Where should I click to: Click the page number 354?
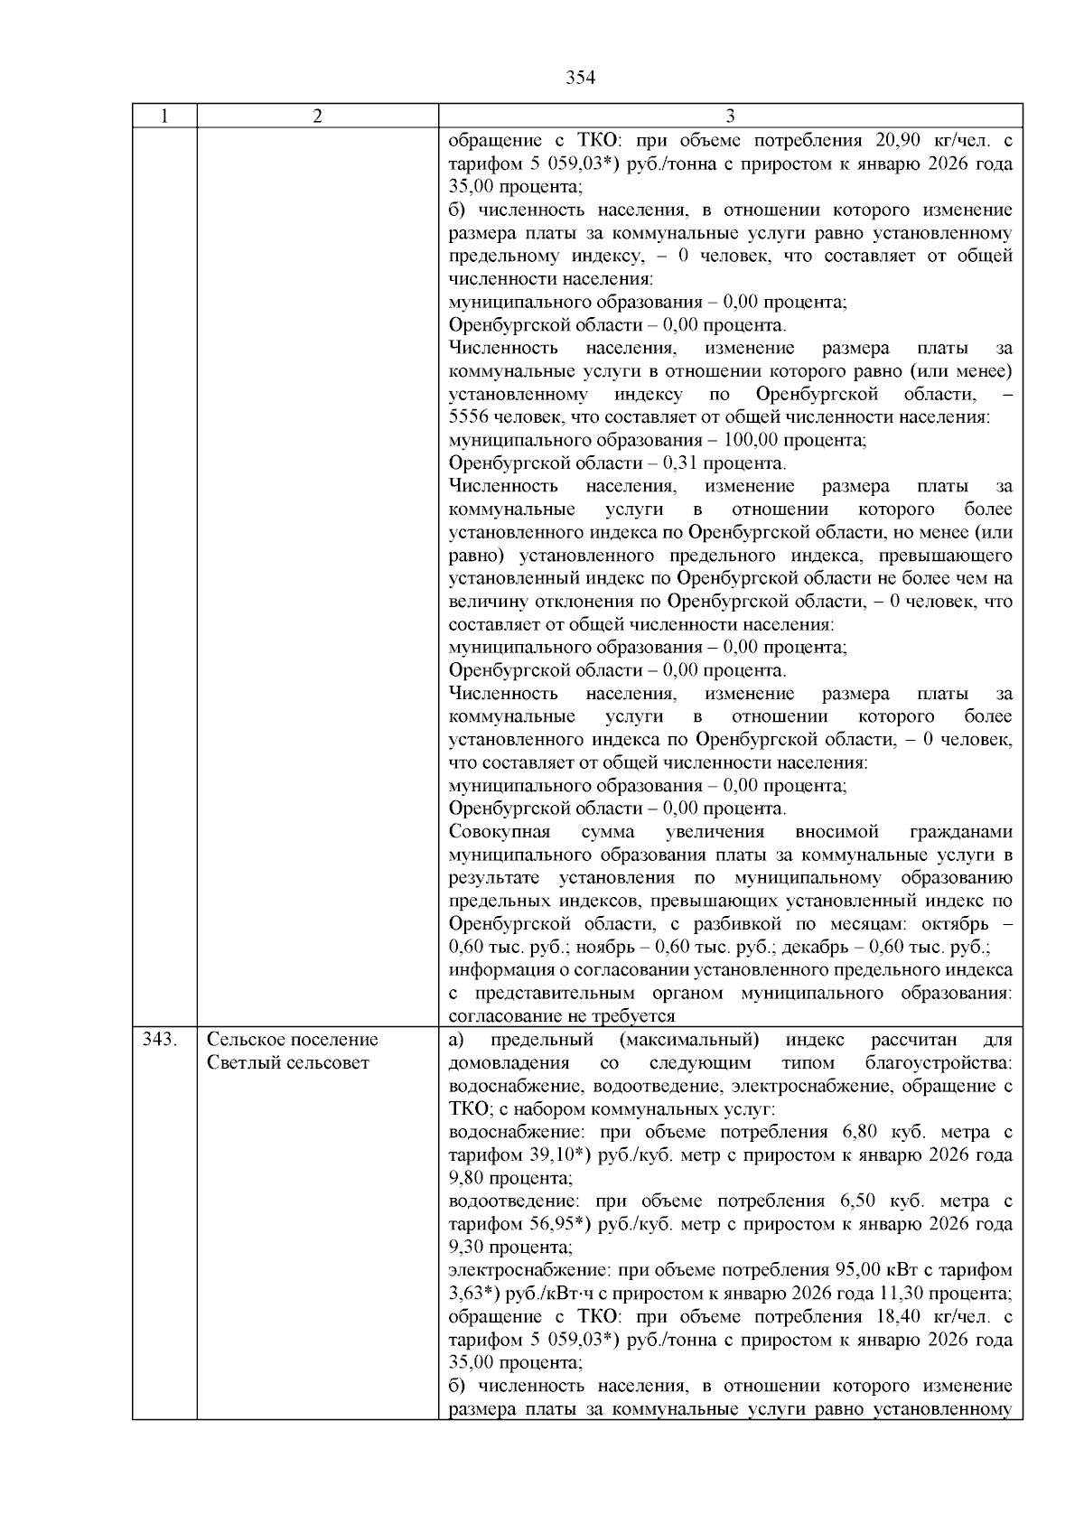580,78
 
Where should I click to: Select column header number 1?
164,116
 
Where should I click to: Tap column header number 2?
317,116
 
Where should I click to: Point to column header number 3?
730,116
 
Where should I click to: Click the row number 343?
159,1040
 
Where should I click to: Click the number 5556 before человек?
467,417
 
